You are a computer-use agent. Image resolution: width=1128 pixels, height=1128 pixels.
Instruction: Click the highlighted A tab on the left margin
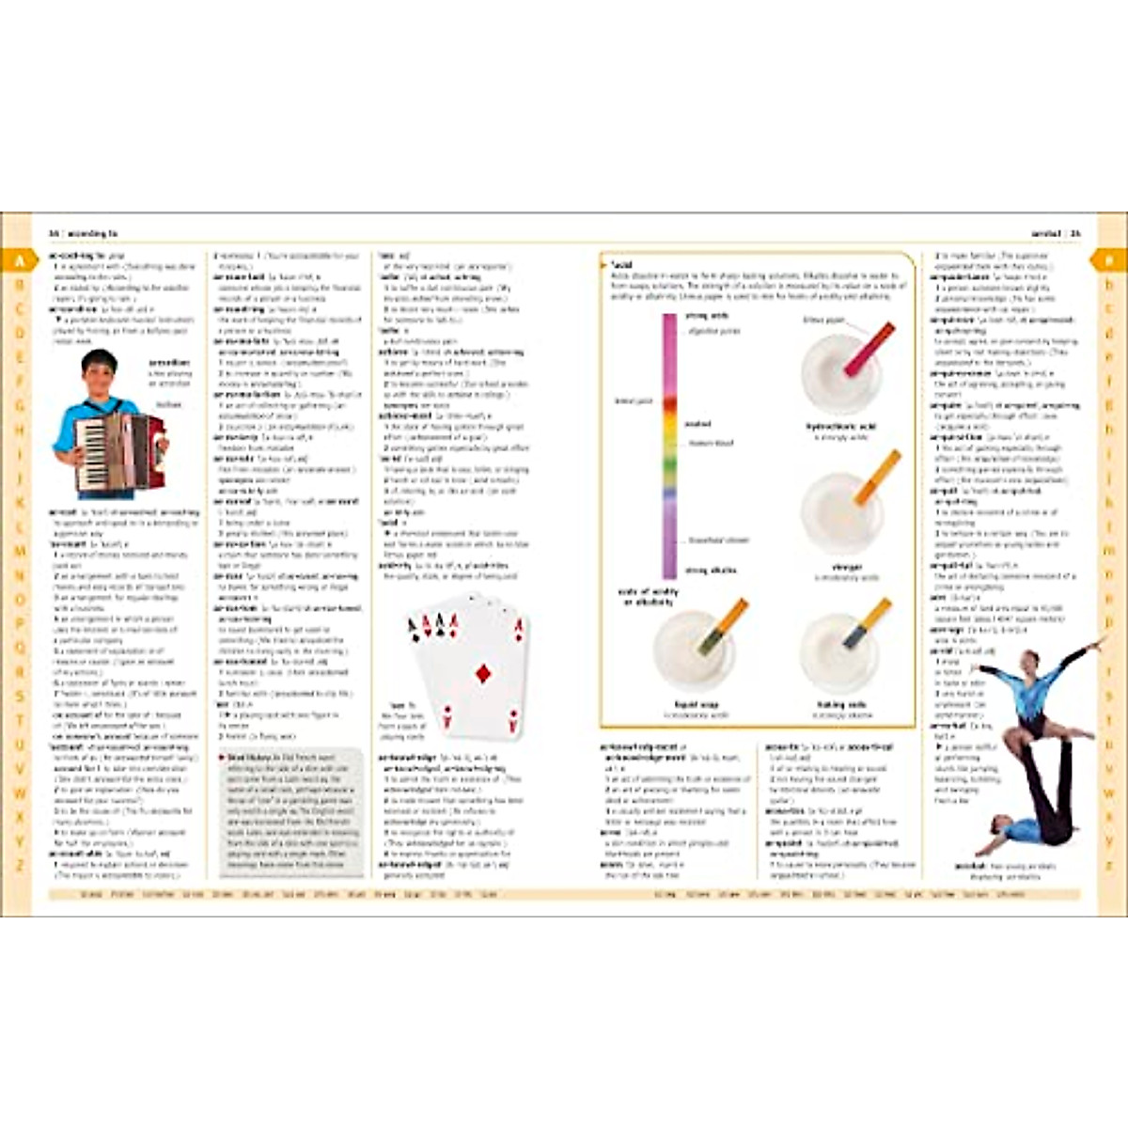tap(19, 260)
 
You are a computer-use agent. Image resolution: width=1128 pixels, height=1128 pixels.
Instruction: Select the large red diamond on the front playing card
tap(483, 673)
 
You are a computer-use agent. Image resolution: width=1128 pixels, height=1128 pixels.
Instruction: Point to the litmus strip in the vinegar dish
tap(877, 478)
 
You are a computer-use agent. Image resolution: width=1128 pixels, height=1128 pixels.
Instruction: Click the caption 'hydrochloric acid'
tap(841, 427)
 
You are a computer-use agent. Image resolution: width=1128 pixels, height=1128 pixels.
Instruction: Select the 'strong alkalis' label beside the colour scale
tap(711, 571)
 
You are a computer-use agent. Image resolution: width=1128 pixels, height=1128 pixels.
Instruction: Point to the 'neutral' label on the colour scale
tap(697, 425)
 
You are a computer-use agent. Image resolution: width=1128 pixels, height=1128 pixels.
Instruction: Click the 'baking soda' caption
tap(841, 705)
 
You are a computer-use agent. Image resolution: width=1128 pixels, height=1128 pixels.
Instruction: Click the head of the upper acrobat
tap(1031, 656)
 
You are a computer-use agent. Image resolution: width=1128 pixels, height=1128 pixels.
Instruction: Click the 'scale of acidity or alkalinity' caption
tap(648, 597)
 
